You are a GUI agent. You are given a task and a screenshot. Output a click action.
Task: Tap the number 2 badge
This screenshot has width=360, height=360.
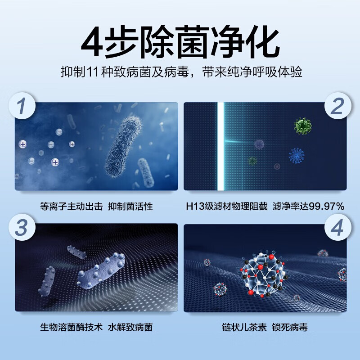coord(337,107)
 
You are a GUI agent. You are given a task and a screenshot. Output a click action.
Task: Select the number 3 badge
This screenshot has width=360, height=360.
coord(22,228)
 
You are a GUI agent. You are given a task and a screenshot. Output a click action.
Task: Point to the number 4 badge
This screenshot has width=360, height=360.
coord(337,228)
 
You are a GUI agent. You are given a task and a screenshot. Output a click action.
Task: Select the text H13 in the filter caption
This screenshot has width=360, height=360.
coord(194,207)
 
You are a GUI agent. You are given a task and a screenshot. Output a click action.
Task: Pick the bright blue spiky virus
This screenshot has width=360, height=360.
coord(296,155)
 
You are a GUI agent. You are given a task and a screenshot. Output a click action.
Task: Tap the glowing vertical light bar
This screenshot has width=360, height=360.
coord(220,146)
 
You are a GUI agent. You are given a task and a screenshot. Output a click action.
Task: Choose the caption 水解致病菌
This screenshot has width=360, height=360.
coord(130,327)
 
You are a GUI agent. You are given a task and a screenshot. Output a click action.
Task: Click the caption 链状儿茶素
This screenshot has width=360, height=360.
coord(243,327)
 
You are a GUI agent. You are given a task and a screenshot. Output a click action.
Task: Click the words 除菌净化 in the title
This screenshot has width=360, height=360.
coord(202,41)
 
